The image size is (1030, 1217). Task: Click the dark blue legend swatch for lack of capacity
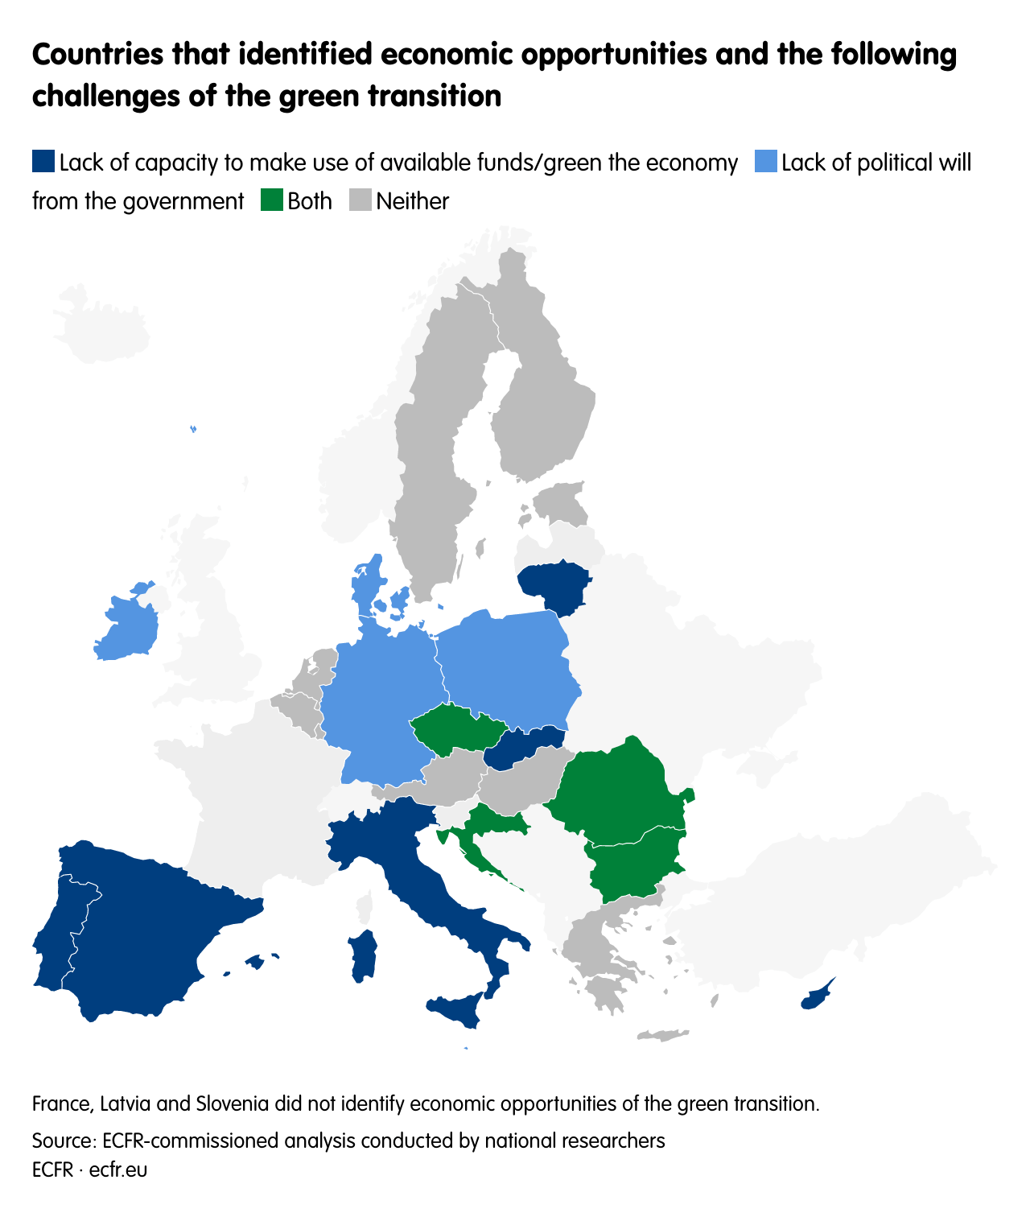pos(43,162)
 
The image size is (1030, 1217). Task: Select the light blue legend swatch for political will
pos(766,162)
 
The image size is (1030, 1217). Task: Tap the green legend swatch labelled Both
pos(272,200)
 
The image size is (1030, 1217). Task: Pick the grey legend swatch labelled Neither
pos(360,200)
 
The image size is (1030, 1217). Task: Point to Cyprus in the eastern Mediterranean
pos(816,996)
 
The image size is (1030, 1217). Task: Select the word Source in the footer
pos(61,1141)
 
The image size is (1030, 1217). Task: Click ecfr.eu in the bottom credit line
pos(118,1170)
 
